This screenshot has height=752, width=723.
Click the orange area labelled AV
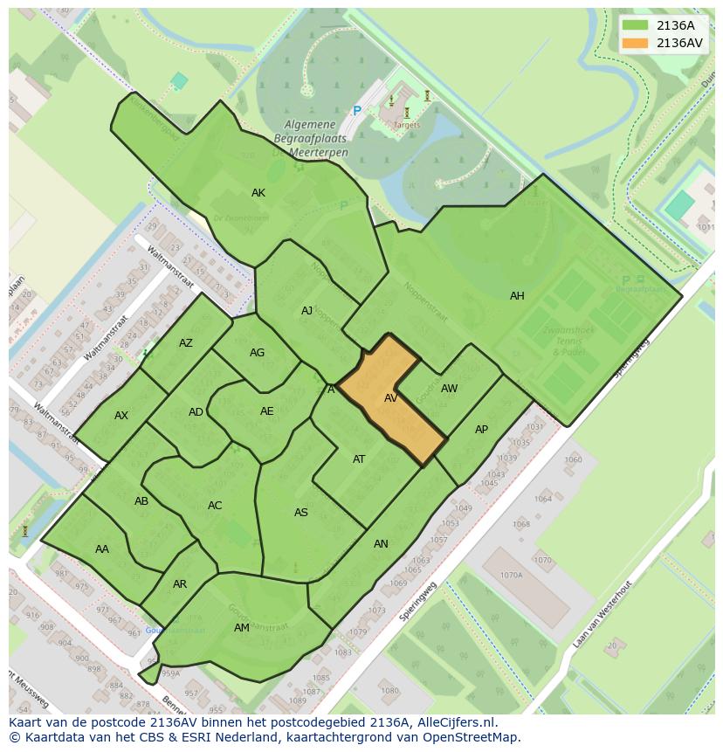pyautogui.click(x=390, y=398)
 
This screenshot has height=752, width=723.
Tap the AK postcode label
pyautogui.click(x=258, y=193)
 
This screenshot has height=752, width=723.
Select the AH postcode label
pyautogui.click(x=517, y=296)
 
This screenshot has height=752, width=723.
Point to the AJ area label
pyautogui.click(x=306, y=311)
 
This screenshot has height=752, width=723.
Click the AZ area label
pyautogui.click(x=186, y=343)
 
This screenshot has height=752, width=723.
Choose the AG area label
pyautogui.click(x=257, y=353)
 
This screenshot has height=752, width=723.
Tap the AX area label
pyautogui.click(x=121, y=416)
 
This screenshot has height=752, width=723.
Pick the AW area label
pyautogui.click(x=449, y=389)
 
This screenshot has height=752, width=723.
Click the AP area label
pyautogui.click(x=481, y=430)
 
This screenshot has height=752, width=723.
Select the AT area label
pyautogui.click(x=359, y=459)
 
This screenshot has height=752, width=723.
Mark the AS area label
pyautogui.click(x=301, y=513)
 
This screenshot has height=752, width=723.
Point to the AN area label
pyautogui.click(x=381, y=544)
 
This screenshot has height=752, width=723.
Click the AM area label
pyautogui.click(x=242, y=628)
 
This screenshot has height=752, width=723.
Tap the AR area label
pyautogui.click(x=180, y=584)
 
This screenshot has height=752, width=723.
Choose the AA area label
pyautogui.click(x=102, y=549)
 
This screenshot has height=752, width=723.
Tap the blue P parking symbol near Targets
pyautogui.click(x=356, y=111)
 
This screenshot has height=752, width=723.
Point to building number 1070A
pyautogui.click(x=511, y=575)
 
